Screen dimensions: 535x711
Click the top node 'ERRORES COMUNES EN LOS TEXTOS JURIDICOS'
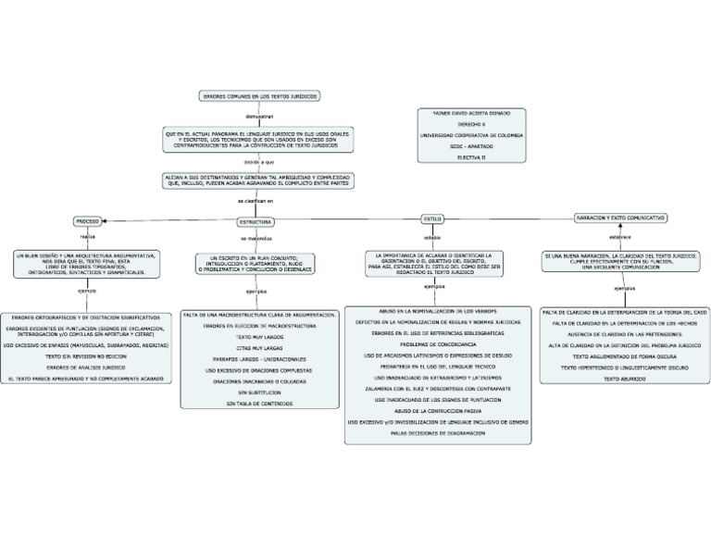pos(260,96)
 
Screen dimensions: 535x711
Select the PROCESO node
pos(88,221)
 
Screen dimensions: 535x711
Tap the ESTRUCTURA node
pos(256,222)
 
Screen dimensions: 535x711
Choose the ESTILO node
pos(432,218)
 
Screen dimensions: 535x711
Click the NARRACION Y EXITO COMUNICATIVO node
pos(620,217)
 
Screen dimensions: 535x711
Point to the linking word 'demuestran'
pos(259,117)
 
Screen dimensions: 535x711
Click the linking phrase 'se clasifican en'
pos(256,200)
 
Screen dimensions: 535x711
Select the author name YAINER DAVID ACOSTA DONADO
pos(471,113)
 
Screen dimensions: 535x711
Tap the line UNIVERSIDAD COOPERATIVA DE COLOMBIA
pos(471,135)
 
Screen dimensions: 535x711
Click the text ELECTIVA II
pos(471,157)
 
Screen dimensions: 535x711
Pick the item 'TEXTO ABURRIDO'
pos(624,379)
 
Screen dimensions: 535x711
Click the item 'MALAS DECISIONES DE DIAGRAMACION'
pos(438,432)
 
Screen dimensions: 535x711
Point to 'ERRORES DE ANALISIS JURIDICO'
pos(86,367)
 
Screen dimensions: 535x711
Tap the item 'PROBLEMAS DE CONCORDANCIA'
pos(438,343)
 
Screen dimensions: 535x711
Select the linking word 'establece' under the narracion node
pos(620,237)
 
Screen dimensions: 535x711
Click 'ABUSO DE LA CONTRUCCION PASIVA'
pos(438,410)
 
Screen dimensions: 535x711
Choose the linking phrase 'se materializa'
pos(256,239)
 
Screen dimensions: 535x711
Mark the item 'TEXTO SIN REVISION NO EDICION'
pos(86,355)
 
